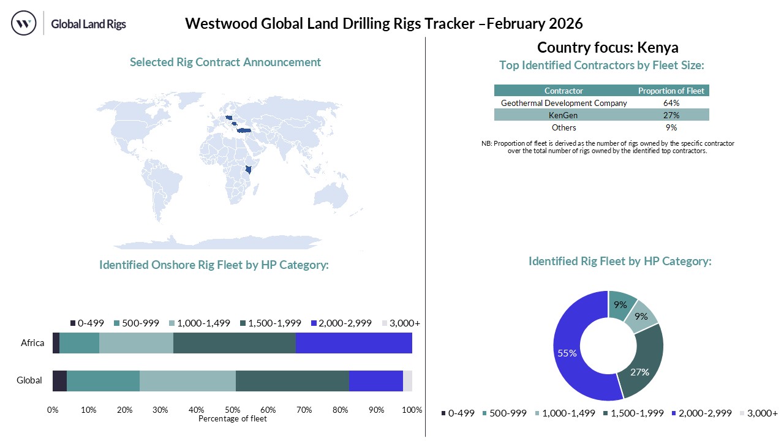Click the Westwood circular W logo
click(24, 24)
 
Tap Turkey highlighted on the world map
click(245, 130)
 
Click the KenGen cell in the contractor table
click(563, 115)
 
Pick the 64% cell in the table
click(671, 103)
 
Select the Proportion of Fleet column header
click(671, 91)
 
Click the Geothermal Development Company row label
click(563, 103)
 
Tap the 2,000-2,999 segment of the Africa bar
click(353, 343)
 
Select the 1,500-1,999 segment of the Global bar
click(292, 380)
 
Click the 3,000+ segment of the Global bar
click(407, 380)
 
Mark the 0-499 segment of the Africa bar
click(56, 343)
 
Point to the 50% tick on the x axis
click(232, 410)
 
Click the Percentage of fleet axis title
click(233, 419)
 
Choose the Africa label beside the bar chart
click(32, 343)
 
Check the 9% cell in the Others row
click(671, 127)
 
